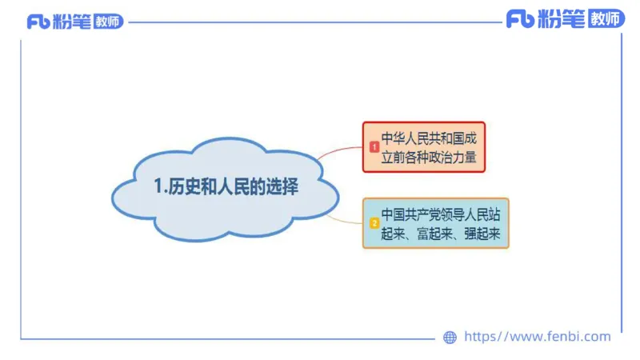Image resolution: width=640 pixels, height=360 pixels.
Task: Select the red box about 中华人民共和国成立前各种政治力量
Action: point(424,147)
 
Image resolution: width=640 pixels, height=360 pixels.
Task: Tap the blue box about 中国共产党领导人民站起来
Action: point(435,223)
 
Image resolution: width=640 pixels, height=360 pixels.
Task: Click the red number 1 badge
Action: point(374,147)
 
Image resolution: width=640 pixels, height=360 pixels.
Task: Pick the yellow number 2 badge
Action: point(374,223)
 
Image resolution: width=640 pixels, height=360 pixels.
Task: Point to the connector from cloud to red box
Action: point(340,152)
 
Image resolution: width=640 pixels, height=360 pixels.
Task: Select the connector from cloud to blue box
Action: point(345,217)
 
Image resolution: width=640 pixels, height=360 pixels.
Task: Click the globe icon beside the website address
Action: point(450,338)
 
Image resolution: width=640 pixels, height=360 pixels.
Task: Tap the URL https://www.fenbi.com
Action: point(537,337)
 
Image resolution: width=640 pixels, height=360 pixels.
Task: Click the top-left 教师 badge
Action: point(108,22)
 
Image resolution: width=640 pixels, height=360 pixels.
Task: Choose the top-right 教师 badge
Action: point(606,18)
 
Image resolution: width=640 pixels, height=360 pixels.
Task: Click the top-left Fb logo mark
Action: point(38,22)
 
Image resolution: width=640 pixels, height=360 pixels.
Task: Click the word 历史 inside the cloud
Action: point(180,188)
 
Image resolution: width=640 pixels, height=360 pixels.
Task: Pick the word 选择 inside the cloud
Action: point(282,188)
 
